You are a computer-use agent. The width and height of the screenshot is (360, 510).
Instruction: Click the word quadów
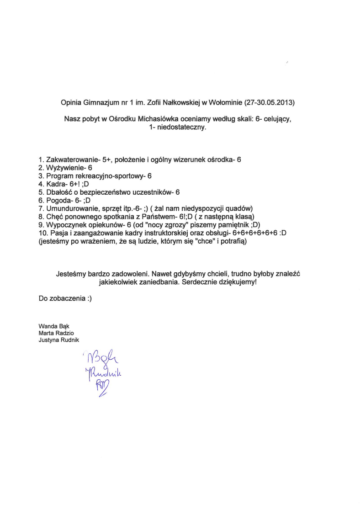[x=238, y=208]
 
